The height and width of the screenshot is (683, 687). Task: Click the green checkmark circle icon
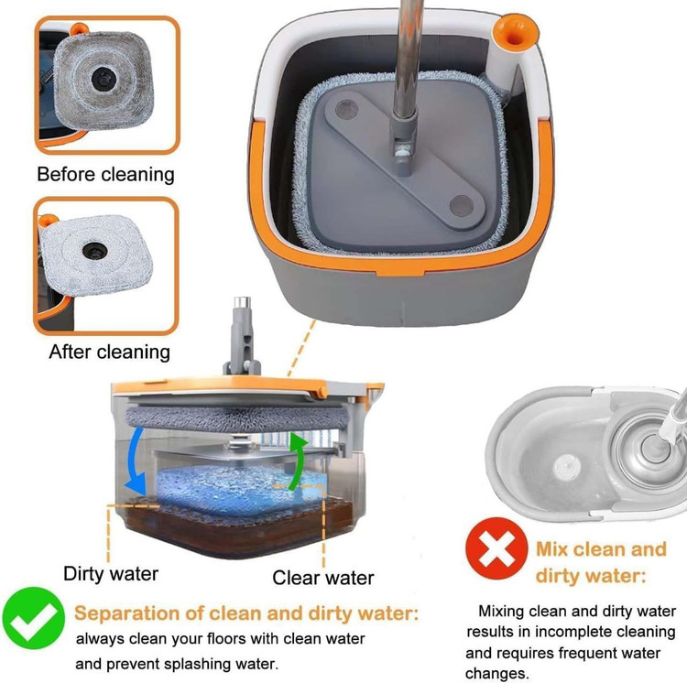(x=34, y=618)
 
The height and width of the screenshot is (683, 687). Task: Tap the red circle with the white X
(x=496, y=548)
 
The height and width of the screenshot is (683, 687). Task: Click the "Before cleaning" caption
(x=105, y=174)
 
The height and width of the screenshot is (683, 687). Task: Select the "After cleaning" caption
(x=110, y=352)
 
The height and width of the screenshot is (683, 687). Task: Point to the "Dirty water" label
(x=111, y=573)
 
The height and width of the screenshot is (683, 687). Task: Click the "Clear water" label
(x=323, y=578)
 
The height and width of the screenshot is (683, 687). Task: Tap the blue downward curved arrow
(x=136, y=461)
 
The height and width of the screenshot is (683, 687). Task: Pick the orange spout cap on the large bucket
(x=515, y=32)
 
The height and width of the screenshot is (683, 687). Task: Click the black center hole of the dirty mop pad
(x=104, y=79)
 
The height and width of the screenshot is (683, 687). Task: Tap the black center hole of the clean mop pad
(x=94, y=251)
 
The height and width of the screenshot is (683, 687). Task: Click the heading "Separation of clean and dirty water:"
(x=246, y=613)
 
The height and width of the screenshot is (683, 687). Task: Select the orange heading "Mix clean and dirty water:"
(x=601, y=562)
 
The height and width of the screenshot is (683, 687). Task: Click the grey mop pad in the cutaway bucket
(x=237, y=418)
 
